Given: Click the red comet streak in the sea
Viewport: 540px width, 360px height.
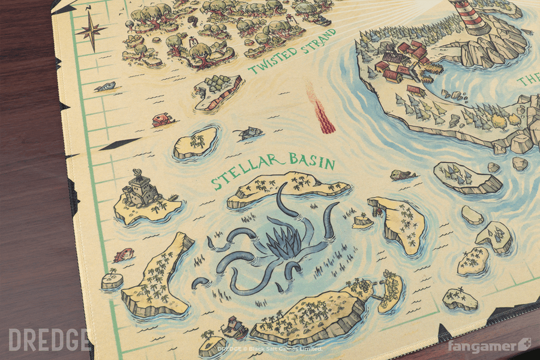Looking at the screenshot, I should click(322, 109).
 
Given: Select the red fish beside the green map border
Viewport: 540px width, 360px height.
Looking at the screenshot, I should click(124, 254).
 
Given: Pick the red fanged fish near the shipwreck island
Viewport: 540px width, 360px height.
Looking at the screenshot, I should click(161, 119).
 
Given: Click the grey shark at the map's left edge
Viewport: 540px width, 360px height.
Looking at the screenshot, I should click(105, 87).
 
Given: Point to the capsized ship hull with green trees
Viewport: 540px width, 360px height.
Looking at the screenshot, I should click(218, 93).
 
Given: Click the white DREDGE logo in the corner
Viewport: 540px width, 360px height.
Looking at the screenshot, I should click(49, 339).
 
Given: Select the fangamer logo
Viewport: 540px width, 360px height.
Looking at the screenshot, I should click(488, 346).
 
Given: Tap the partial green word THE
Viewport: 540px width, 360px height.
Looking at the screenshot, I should click(528, 81).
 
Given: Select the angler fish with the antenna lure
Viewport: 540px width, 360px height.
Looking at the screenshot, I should click(249, 133).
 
